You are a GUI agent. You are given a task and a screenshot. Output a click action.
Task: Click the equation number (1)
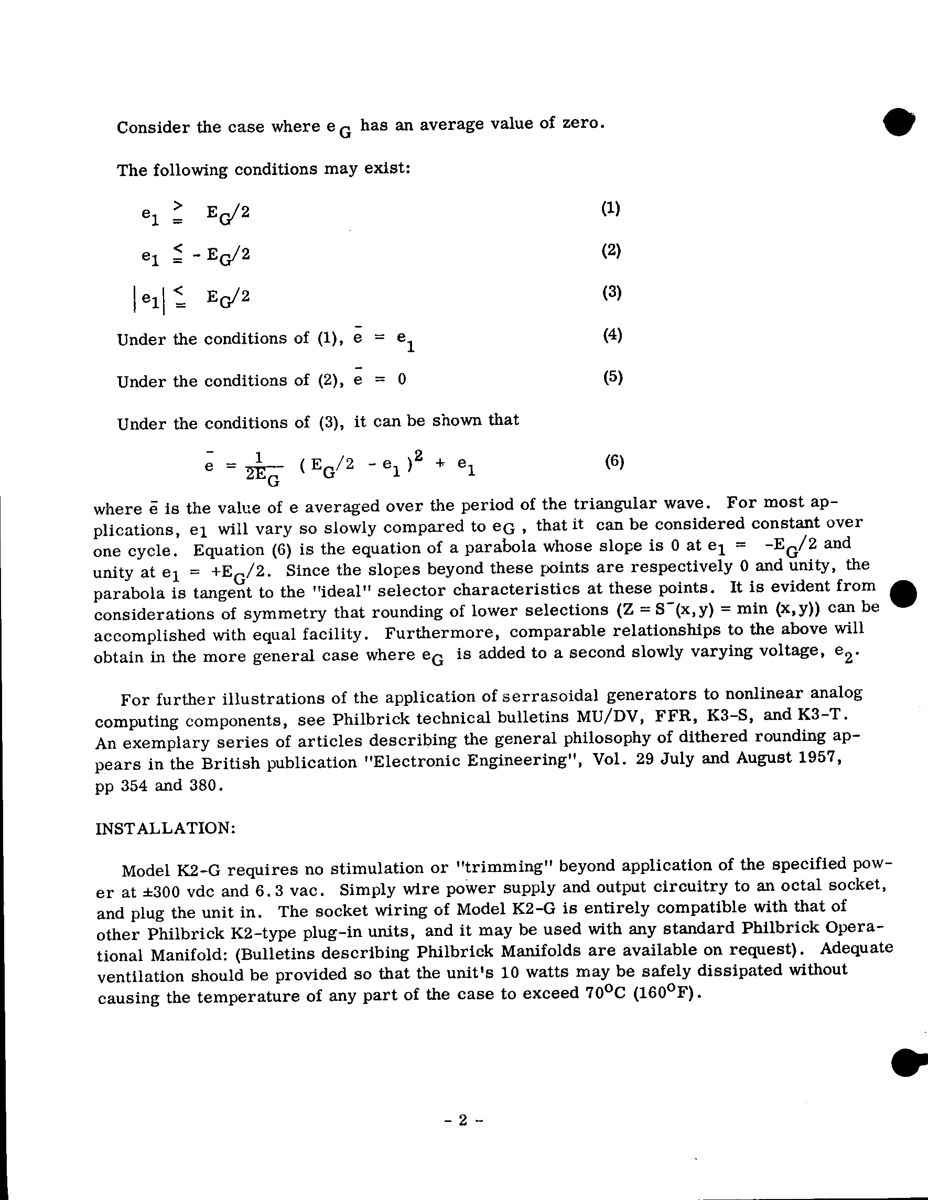(x=610, y=208)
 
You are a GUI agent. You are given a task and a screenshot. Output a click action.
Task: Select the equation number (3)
(x=611, y=292)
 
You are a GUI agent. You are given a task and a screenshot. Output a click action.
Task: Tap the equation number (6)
(x=614, y=461)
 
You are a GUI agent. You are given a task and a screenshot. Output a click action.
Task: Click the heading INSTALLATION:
(x=166, y=828)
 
